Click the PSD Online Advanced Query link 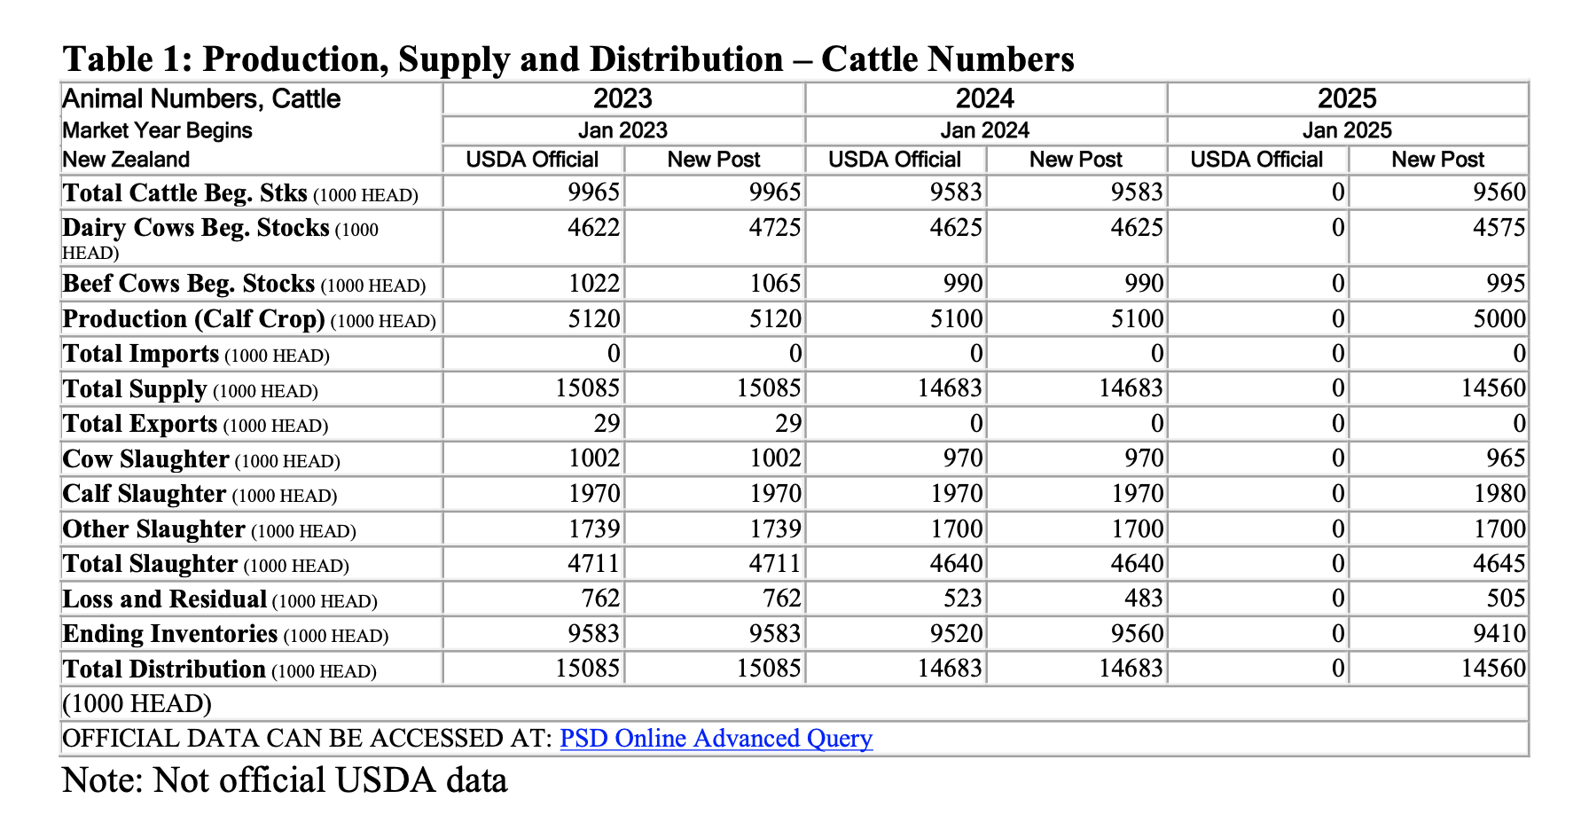(x=716, y=739)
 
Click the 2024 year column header (x=984, y=98)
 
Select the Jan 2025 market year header (x=1346, y=130)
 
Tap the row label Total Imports (x=140, y=354)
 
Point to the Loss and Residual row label (x=164, y=599)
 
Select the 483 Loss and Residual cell (x=1143, y=599)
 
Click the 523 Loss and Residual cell (x=962, y=599)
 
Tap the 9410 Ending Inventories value (x=1499, y=634)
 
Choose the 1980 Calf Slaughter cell (x=1499, y=494)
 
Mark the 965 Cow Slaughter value (x=1506, y=458)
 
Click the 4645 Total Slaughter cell (x=1499, y=564)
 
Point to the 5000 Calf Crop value (x=1499, y=319)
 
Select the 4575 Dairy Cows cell (x=1499, y=228)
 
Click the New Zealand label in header (x=126, y=160)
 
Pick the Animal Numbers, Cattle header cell (x=201, y=98)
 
